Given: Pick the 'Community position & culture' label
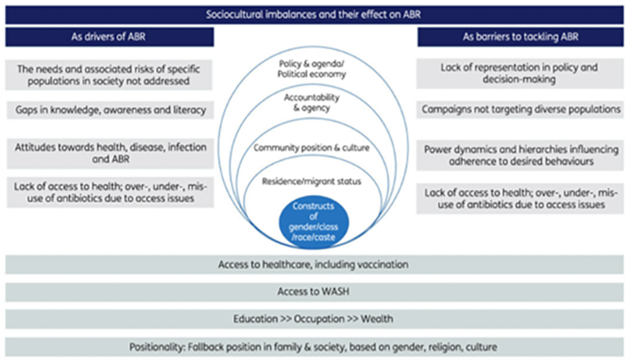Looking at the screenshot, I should point(315,148).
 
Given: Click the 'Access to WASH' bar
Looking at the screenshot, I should point(315,293).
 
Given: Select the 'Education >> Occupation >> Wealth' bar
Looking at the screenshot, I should point(315,319).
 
